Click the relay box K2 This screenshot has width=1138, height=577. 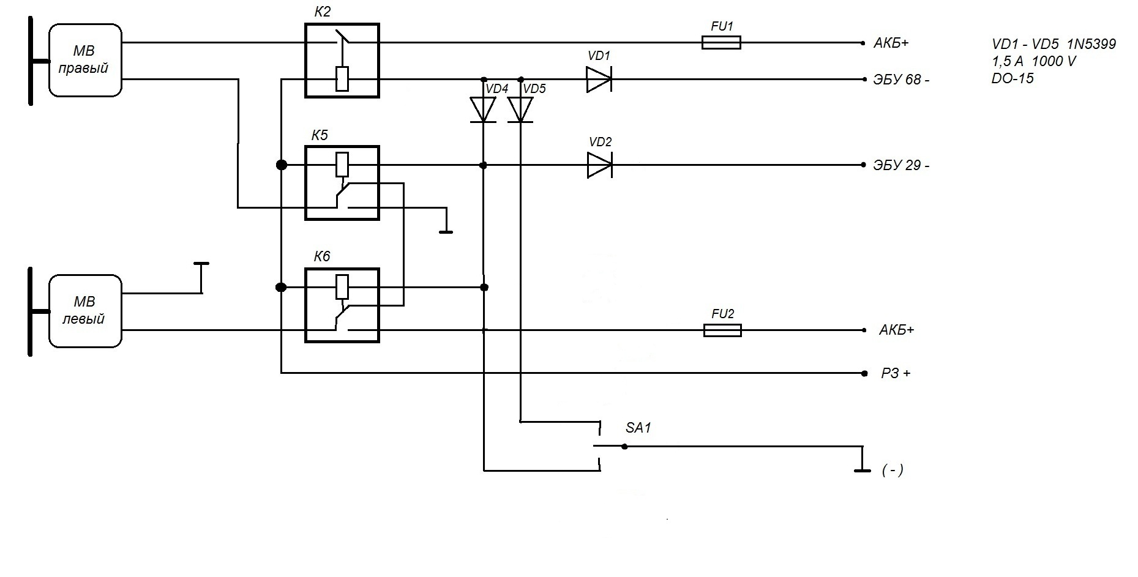pos(342,61)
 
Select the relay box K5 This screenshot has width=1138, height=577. pos(342,183)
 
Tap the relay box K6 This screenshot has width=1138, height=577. pos(342,305)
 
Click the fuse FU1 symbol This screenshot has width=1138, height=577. pos(721,42)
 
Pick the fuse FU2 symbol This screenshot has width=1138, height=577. pos(722,330)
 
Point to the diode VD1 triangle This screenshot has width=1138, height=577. pos(599,80)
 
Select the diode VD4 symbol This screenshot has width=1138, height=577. pos(483,110)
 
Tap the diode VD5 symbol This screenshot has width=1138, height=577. pos(520,110)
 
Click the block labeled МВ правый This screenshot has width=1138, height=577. pos(85,60)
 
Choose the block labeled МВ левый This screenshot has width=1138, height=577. pos(85,311)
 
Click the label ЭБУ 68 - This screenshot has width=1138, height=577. pos(901,80)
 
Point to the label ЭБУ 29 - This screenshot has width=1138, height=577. pos(901,166)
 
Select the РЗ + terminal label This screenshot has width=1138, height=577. pos(896,373)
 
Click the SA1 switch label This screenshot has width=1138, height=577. pos(638,428)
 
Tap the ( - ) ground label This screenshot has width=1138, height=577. pos(893,470)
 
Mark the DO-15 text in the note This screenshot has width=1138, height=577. pos(1013,78)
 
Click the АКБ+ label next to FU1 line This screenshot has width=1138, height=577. pos(891,43)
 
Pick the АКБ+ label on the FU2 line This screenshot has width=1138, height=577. pos(896,330)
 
